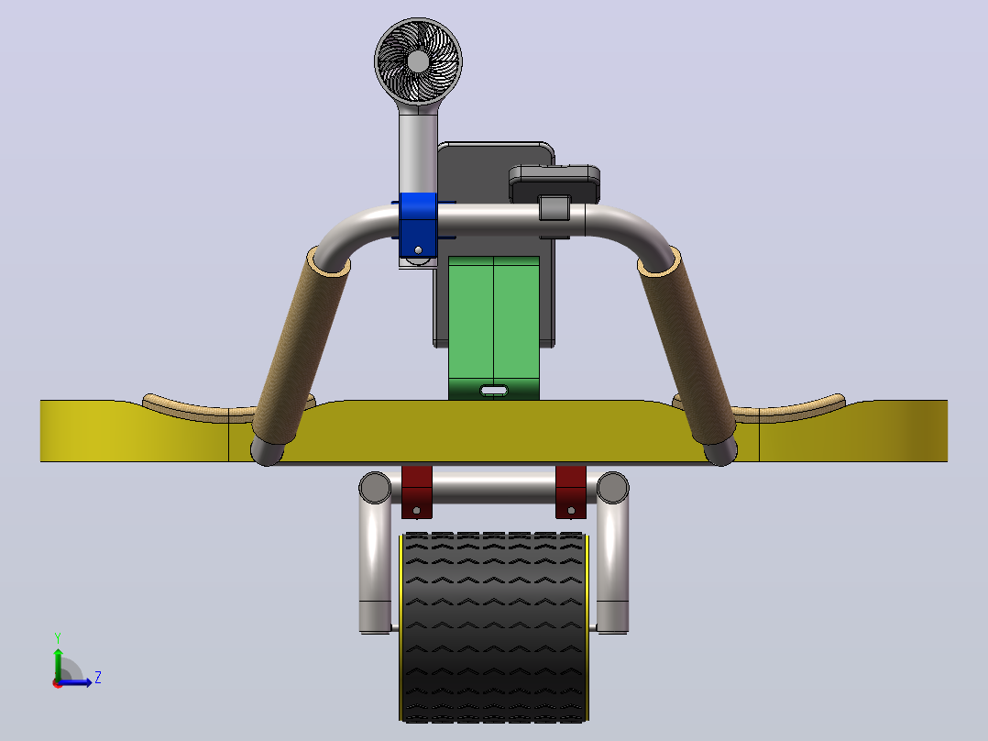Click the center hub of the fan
click(x=418, y=61)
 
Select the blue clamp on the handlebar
click(x=418, y=224)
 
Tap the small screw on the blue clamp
click(x=418, y=250)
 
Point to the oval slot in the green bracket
click(x=494, y=391)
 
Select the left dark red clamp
click(x=416, y=492)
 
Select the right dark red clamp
click(x=571, y=492)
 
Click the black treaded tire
click(x=494, y=627)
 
